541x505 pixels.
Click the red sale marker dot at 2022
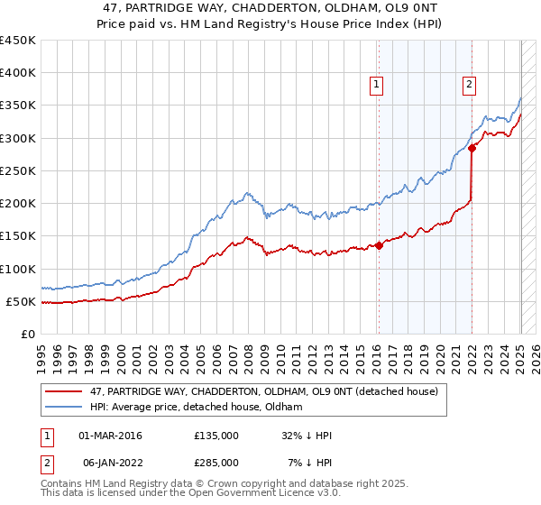[472, 149]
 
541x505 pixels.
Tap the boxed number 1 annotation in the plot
[376, 86]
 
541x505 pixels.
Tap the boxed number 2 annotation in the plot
[470, 86]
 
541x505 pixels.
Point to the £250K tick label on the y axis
[18, 170]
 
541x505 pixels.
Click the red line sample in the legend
[63, 391]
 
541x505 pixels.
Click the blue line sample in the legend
[63, 407]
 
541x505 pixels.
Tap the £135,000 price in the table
[216, 436]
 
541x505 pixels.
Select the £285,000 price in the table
[216, 462]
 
